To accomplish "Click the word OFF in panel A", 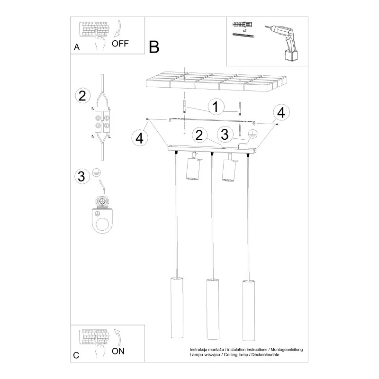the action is [x=120, y=44].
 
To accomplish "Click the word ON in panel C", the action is [x=118, y=351].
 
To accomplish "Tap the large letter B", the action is [x=154, y=47].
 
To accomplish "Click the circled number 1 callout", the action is [x=216, y=106].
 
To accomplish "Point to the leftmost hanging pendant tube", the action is [x=177, y=308].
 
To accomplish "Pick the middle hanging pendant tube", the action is [x=213, y=309].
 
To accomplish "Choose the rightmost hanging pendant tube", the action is [x=249, y=310].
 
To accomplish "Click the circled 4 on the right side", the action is [x=281, y=112].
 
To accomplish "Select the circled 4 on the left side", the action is [x=139, y=138].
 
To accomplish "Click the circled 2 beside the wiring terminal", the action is [x=82, y=96].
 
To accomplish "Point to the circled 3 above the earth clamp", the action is [x=81, y=176].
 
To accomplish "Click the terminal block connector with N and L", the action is [x=102, y=122].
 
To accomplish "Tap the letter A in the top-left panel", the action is [x=77, y=47].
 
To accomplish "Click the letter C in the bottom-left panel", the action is [x=76, y=355].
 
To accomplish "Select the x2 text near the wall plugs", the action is [x=244, y=31].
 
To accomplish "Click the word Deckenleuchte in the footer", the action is [x=265, y=355].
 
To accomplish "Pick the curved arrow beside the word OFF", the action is [x=118, y=29].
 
